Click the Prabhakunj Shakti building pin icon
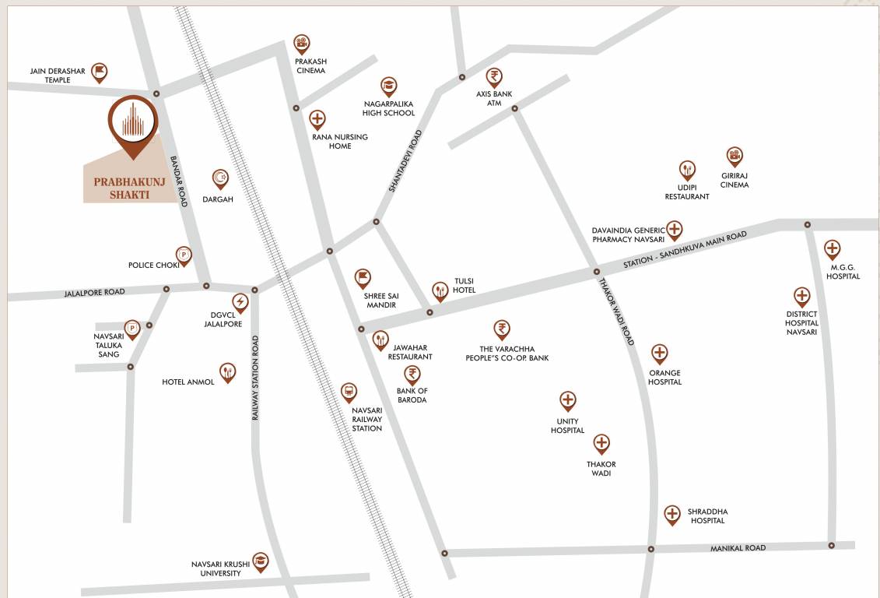click(x=133, y=121)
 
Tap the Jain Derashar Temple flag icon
click(x=99, y=72)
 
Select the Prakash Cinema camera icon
click(x=302, y=43)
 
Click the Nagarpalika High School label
click(x=389, y=108)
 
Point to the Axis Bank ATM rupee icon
click(x=494, y=76)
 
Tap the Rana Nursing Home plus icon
click(x=317, y=119)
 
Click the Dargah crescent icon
click(x=221, y=178)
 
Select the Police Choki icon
click(x=184, y=254)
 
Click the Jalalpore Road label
click(x=94, y=292)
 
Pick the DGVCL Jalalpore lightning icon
click(x=240, y=301)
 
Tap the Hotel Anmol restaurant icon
click(x=227, y=371)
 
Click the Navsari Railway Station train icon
click(x=349, y=391)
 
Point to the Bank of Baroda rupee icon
click(x=412, y=374)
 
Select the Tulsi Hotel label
click(x=465, y=286)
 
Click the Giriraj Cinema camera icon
click(x=735, y=156)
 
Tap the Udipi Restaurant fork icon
click(x=687, y=169)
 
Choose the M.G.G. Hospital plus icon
click(x=832, y=249)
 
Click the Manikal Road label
click(x=738, y=548)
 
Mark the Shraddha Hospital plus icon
click(x=672, y=513)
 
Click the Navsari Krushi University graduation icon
click(x=260, y=561)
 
